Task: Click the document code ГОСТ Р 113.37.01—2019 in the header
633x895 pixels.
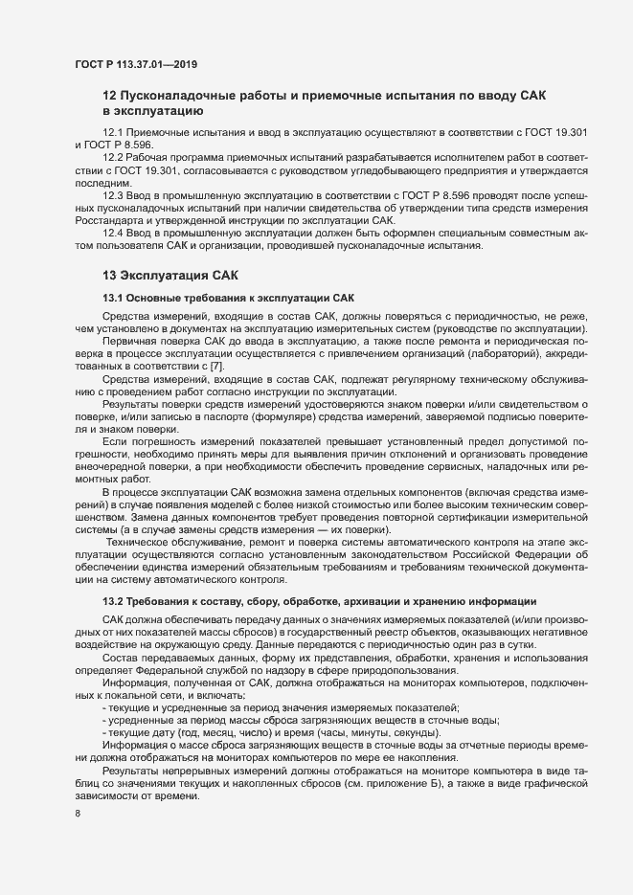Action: click(136, 64)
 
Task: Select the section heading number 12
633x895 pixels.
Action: click(109, 97)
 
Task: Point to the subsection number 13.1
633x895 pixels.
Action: click(113, 298)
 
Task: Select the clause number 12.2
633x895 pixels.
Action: click(112, 155)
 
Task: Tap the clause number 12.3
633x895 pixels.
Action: click(112, 194)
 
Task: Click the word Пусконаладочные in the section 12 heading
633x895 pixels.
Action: click(187, 97)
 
